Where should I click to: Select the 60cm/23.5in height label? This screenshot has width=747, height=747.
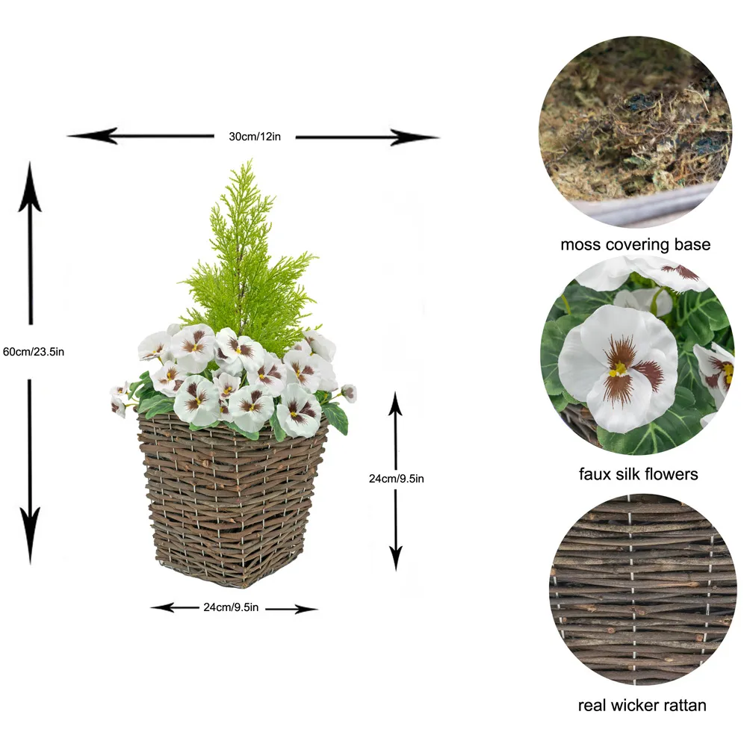pos(33,352)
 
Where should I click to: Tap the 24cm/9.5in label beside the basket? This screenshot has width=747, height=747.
pos(396,479)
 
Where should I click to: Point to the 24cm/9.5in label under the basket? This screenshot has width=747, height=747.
pos(231,607)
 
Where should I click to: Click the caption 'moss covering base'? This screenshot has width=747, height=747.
pos(635,244)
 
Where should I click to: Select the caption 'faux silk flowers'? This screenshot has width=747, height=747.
pos(638,474)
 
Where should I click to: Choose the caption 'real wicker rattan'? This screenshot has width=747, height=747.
pos(642,705)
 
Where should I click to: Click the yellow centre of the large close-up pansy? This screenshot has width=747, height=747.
pos(618,368)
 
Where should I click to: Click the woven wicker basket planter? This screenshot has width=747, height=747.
pos(232,500)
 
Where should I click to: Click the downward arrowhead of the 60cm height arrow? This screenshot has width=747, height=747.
pos(30,549)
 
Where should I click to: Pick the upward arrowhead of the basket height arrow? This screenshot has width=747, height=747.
pos(396,402)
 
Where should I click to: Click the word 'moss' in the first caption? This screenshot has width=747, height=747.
pos(580,244)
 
